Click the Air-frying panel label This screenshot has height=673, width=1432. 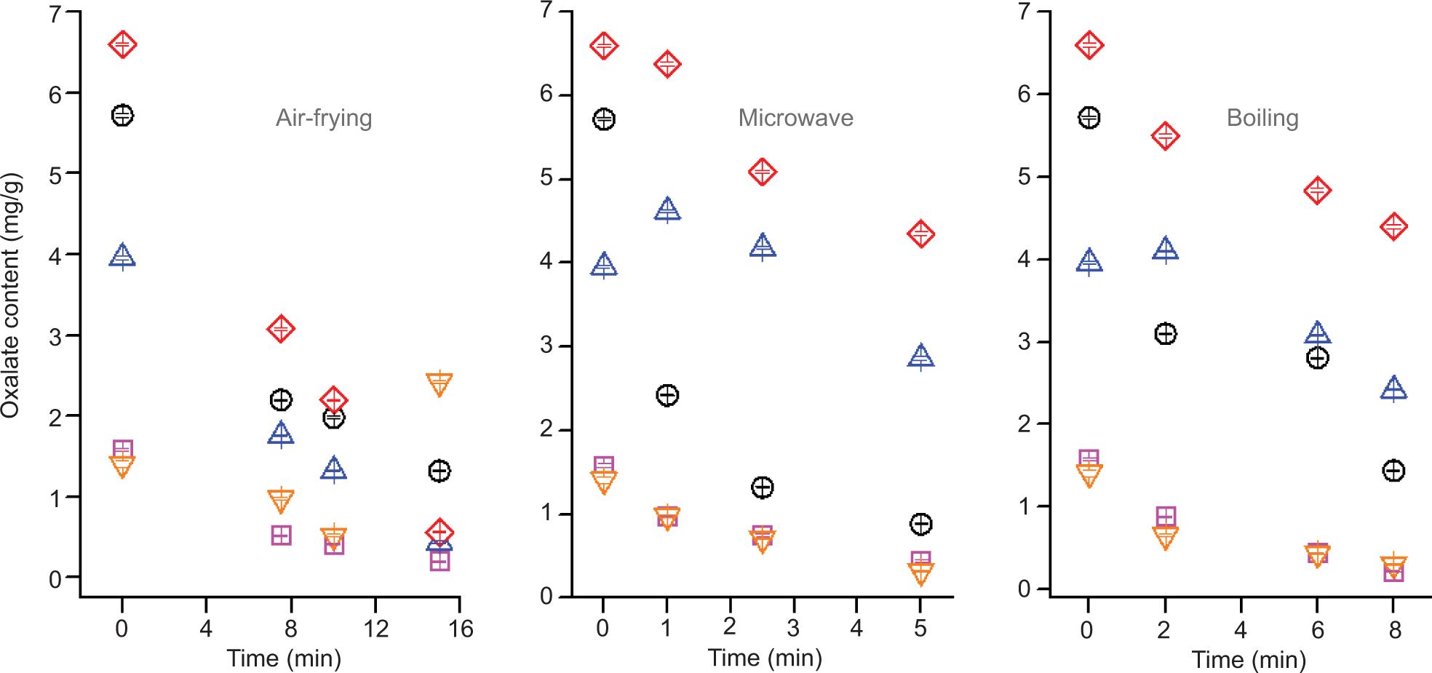(324, 118)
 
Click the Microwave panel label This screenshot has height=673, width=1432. (795, 118)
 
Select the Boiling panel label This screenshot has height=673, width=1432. (1262, 118)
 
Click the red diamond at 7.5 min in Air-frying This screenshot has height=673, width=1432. (281, 329)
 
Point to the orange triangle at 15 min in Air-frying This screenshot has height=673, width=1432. (439, 383)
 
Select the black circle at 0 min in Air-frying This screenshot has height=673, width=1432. (122, 115)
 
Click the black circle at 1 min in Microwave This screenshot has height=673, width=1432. (667, 395)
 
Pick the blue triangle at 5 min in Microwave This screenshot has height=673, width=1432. (921, 356)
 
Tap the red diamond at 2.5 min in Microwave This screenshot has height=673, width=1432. (763, 172)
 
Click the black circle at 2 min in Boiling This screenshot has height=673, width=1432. (1165, 334)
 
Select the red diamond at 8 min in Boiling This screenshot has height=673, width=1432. (1393, 227)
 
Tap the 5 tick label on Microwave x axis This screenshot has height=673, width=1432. (920, 628)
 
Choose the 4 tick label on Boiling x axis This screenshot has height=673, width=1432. (1241, 629)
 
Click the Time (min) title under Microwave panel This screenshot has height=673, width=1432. (765, 658)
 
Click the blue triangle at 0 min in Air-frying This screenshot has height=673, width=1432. (122, 256)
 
